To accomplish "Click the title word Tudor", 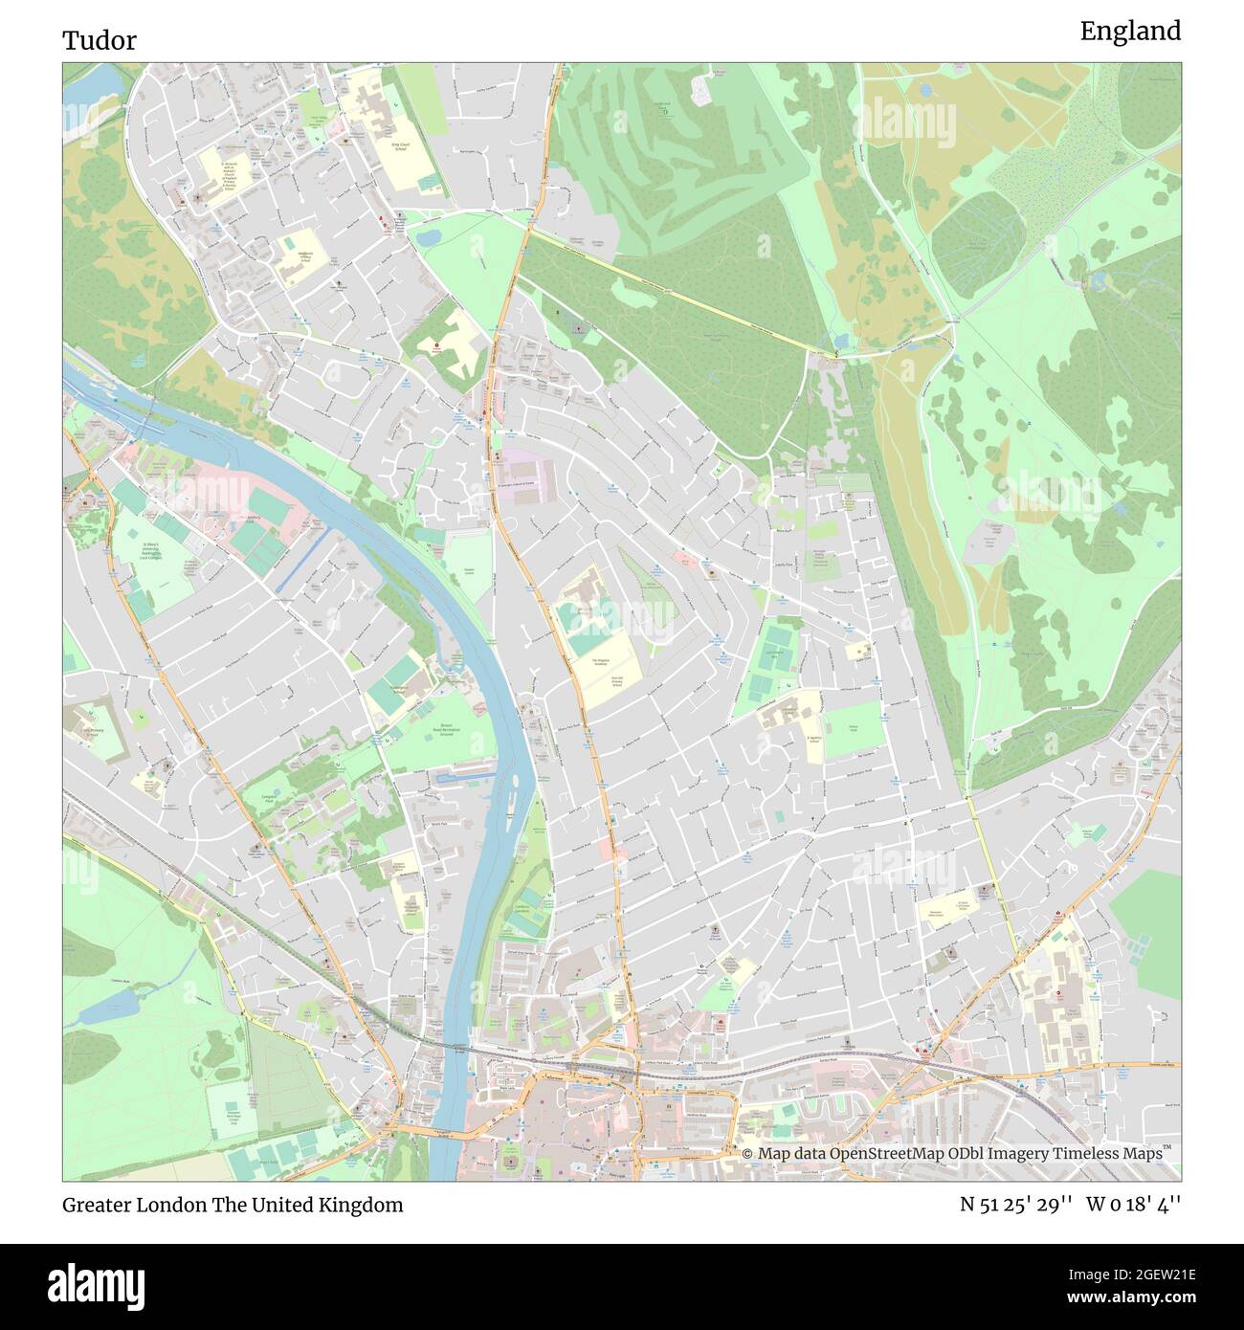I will point(100,40).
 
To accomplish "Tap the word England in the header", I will point(1130,32).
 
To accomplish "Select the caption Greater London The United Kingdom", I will point(233,1205).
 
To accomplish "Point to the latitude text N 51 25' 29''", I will point(1018,1205).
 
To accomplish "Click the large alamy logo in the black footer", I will point(100,1283).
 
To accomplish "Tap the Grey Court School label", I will point(399,146).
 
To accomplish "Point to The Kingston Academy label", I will point(600,662).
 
